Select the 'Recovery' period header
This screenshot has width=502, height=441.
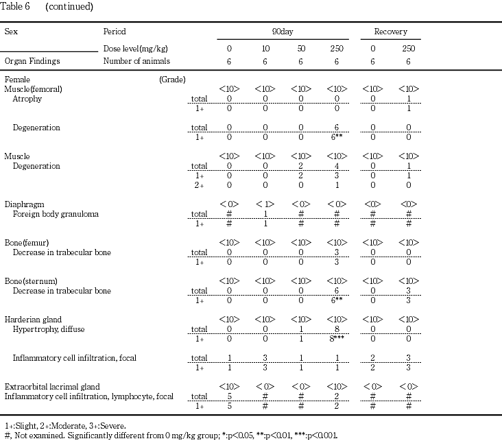pyautogui.click(x=390, y=32)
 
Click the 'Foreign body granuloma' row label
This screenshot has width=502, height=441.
pyautogui.click(x=56, y=214)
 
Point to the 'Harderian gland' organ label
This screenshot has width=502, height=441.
pyautogui.click(x=33, y=320)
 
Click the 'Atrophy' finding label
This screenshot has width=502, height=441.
pyautogui.click(x=27, y=99)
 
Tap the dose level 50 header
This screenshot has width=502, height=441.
pyautogui.click(x=300, y=49)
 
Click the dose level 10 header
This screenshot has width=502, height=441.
pyautogui.click(x=265, y=49)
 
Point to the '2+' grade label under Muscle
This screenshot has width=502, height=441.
pyautogui.click(x=199, y=185)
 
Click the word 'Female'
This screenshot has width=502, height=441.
pyautogui.click(x=17, y=80)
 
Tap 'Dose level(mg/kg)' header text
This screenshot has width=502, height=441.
pyautogui.click(x=135, y=49)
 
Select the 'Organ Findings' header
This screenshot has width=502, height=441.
pyautogui.click(x=32, y=61)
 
